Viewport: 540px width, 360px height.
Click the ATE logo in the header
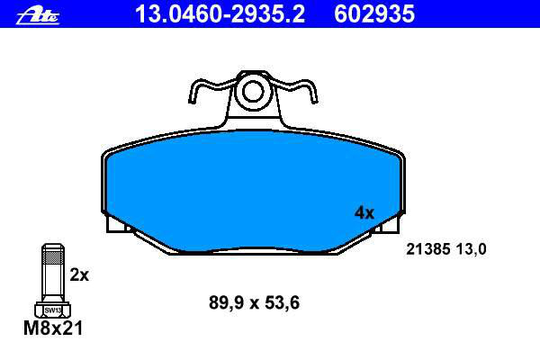coord(38,16)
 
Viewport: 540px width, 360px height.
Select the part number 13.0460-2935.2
coord(220,14)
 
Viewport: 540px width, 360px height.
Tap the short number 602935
coord(374,14)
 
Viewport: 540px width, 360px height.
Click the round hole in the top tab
coord(253,92)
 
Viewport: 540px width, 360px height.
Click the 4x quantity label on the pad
coord(364,213)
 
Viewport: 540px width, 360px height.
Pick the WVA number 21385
coord(428,249)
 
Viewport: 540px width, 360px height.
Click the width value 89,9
coord(226,302)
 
